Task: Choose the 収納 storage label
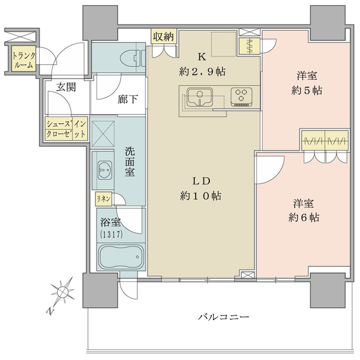coord(163,37)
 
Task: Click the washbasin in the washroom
coord(105,170)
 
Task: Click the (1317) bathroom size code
coord(111,234)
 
